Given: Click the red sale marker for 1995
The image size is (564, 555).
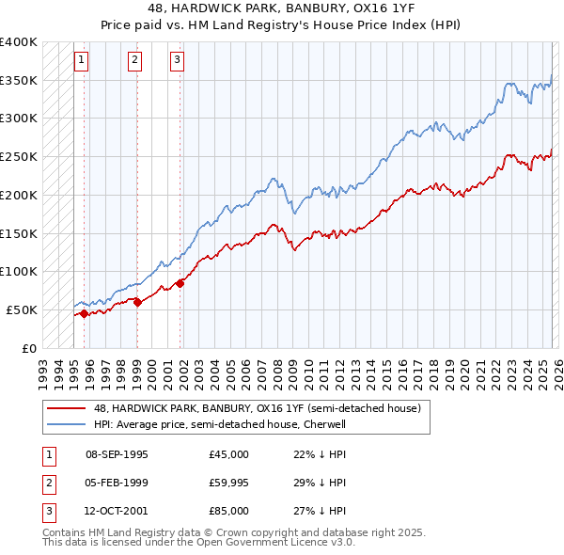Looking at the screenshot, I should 84,314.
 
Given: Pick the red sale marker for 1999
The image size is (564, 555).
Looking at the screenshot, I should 137,302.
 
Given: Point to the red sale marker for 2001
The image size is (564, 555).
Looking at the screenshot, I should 180,283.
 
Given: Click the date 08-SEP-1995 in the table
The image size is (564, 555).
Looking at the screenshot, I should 117,454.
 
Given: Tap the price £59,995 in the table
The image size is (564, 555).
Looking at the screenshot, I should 229,483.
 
